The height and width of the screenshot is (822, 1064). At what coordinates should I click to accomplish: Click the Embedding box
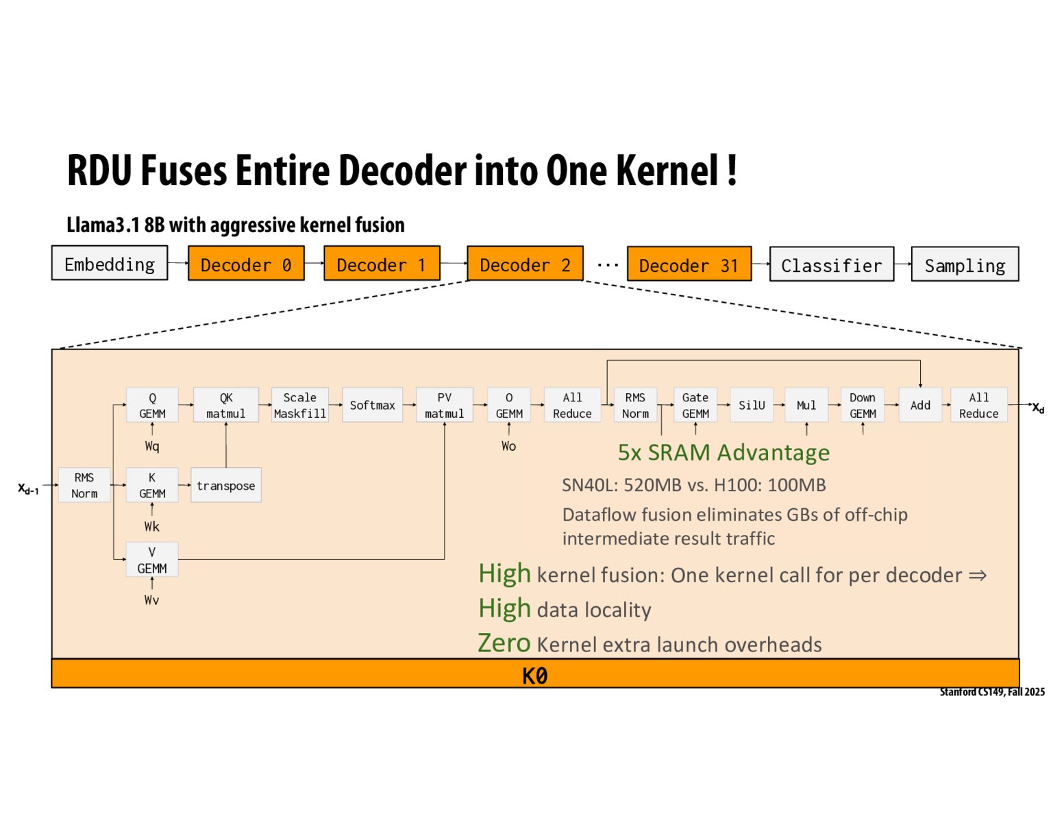(110, 264)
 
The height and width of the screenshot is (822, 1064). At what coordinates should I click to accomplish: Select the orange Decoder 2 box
(525, 264)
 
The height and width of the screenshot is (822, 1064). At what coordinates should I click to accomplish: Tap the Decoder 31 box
(689, 265)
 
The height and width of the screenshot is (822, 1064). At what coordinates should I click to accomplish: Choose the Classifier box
(831, 265)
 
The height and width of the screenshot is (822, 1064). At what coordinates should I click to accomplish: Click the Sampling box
(965, 265)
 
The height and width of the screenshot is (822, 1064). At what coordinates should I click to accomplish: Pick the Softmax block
(372, 406)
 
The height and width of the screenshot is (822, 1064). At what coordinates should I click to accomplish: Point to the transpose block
(225, 486)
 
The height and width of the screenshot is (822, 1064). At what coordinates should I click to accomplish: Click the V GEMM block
(152, 560)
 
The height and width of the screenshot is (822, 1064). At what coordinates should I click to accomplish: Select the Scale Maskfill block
(300, 406)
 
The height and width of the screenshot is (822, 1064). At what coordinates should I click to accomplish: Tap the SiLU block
(752, 406)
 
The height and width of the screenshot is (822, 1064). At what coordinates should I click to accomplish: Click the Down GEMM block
(863, 406)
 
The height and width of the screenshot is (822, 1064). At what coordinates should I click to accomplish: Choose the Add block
(920, 406)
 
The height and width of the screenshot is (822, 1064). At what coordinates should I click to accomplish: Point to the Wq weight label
(152, 447)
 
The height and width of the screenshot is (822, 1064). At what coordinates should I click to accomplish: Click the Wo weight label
(508, 447)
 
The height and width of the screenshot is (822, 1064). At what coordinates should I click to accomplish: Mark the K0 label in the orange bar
(534, 676)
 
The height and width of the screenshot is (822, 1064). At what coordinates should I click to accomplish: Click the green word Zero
(504, 643)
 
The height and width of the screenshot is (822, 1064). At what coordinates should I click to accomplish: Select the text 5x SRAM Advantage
(723, 453)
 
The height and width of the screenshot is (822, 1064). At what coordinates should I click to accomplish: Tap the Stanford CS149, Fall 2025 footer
(992, 692)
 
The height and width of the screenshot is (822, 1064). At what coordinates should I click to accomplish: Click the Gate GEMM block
(695, 406)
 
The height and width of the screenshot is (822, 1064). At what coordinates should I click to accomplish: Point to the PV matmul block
(444, 406)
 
